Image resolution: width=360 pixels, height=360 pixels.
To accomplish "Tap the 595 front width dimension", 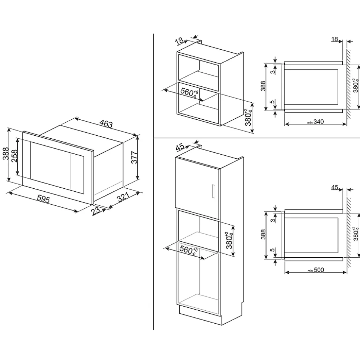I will [x=43, y=199].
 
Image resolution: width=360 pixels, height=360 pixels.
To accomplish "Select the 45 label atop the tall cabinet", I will [x=180, y=147].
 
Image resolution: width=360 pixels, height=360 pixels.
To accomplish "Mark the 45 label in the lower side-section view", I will [x=334, y=188].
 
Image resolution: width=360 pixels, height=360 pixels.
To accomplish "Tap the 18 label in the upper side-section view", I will [x=334, y=39].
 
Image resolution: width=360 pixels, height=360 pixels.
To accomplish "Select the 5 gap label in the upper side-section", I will [x=272, y=102].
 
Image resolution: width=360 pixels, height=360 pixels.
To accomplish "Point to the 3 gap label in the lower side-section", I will [x=272, y=220].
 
